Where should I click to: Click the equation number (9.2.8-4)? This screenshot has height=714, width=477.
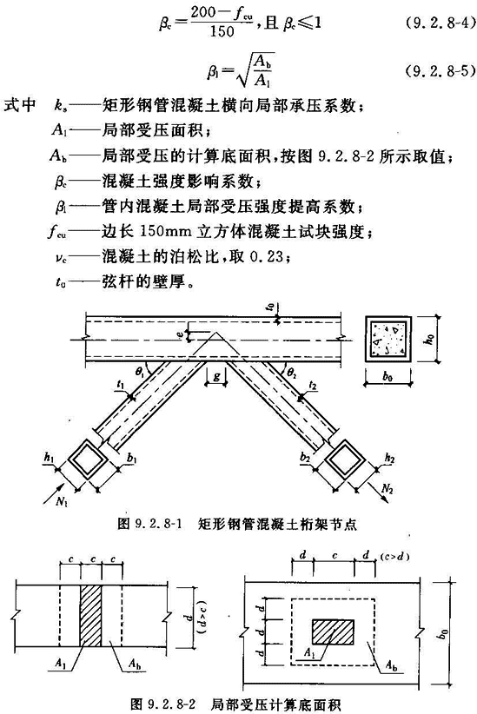(x=441, y=23)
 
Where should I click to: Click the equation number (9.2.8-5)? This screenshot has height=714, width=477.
(x=441, y=71)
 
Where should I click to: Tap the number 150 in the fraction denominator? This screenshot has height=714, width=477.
(x=222, y=32)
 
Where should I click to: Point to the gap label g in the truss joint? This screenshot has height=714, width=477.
(x=216, y=376)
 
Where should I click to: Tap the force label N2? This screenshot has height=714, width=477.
(x=387, y=490)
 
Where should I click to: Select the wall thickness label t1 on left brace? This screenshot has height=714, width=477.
(x=120, y=386)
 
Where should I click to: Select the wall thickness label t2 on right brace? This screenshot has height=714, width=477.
(x=313, y=386)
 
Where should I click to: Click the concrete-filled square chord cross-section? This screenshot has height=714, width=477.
(x=388, y=340)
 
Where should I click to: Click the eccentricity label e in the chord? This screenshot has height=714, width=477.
(x=181, y=334)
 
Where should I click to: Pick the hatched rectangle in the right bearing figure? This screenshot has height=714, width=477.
(x=333, y=631)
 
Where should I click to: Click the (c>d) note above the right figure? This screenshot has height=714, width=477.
(x=394, y=557)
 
